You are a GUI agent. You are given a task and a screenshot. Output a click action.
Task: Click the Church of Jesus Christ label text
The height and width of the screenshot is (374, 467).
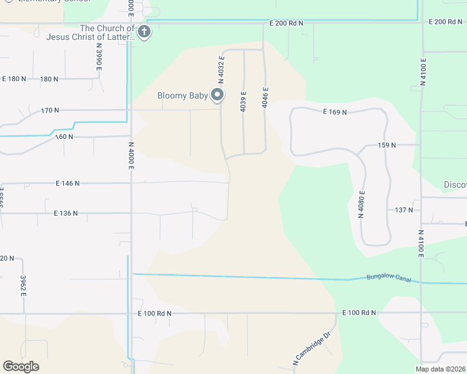[90, 32]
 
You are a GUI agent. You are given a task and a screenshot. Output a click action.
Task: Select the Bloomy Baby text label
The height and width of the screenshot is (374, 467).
[182, 96]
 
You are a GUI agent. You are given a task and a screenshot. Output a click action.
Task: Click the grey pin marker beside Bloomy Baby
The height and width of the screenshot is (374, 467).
[217, 95]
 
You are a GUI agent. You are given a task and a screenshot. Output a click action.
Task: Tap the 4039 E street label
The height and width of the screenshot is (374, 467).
[243, 102]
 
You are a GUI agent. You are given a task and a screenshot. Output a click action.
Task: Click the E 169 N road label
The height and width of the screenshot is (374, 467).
[335, 112]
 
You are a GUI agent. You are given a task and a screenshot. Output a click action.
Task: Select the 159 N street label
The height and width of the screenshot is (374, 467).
[387, 145]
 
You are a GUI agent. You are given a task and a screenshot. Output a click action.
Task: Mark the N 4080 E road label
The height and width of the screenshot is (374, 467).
[361, 204]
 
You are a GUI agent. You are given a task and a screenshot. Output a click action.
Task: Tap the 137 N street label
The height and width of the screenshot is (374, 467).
[404, 210]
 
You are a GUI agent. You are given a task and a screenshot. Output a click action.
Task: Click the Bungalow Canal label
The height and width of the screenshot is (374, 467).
[389, 278]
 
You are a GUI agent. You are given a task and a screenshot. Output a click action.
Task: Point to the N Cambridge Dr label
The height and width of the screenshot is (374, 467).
[310, 349]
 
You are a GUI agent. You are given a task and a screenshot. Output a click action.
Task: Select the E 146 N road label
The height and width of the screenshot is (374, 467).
[67, 183]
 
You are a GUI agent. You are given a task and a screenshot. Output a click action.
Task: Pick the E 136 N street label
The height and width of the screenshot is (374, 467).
[66, 213]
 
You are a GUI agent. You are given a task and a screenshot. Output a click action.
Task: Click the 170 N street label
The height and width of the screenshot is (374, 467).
[50, 110]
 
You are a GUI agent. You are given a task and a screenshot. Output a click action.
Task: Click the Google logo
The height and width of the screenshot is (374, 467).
[21, 367]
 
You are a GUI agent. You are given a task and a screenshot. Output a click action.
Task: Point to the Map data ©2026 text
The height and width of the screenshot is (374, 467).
[441, 369]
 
